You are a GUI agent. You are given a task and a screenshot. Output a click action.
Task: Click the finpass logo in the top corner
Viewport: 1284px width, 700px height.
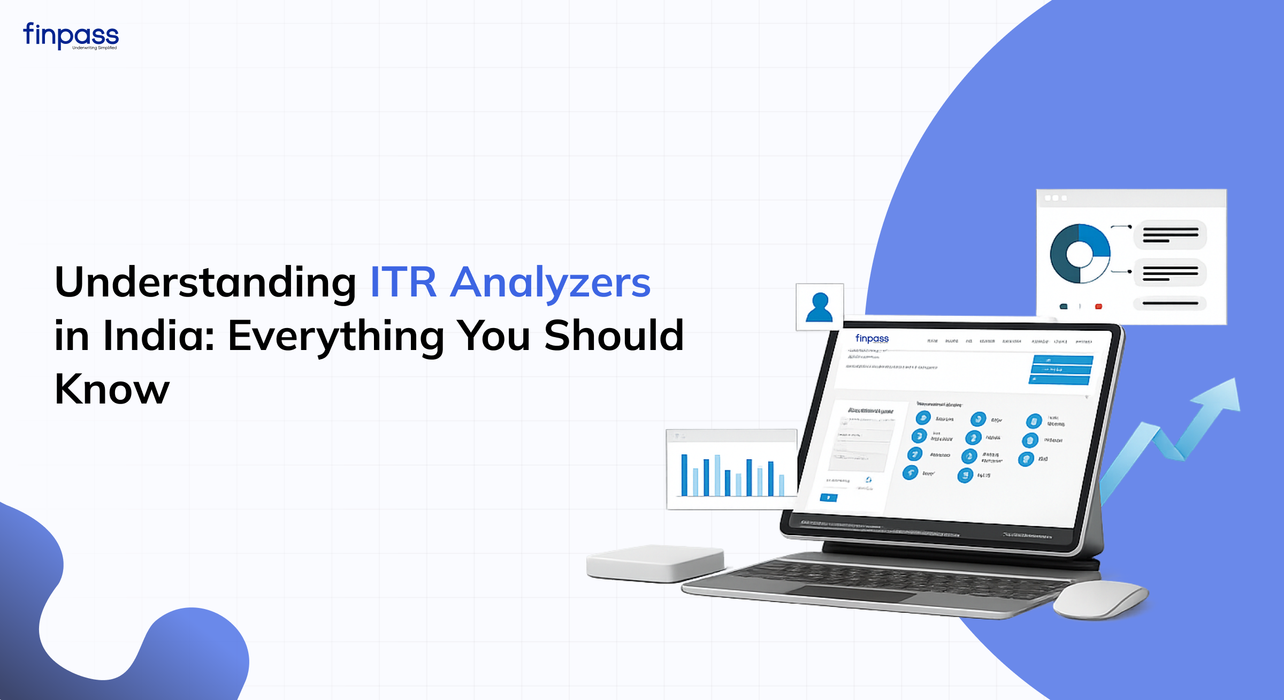point(71,35)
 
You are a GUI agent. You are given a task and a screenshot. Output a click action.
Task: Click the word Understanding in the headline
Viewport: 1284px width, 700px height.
point(205,283)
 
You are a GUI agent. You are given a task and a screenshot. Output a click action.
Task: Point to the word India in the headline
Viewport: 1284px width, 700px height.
point(158,336)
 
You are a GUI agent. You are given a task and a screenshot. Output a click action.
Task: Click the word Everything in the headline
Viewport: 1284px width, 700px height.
point(336,336)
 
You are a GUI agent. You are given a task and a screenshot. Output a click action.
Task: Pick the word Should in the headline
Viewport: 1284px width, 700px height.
point(614,336)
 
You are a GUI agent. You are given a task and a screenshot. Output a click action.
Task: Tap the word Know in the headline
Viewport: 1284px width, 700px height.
point(112,390)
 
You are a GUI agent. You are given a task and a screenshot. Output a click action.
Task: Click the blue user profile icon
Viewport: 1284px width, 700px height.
point(819,307)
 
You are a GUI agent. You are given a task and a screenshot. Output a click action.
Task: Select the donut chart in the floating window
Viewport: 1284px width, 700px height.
point(1080,254)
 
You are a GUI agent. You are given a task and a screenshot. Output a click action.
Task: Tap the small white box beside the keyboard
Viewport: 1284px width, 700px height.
point(655,563)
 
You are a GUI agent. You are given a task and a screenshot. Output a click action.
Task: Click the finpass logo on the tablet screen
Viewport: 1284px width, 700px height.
point(872,339)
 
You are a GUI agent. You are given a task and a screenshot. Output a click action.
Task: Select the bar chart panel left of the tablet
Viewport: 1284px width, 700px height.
point(731,469)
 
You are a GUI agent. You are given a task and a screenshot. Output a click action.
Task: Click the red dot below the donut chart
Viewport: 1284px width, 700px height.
point(1098,307)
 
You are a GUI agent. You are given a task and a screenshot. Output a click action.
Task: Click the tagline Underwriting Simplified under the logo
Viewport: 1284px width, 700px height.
point(95,48)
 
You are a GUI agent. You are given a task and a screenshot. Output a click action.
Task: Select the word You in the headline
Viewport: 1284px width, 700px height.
point(493,336)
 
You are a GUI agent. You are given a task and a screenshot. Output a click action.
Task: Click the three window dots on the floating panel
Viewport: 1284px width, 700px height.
point(1056,198)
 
